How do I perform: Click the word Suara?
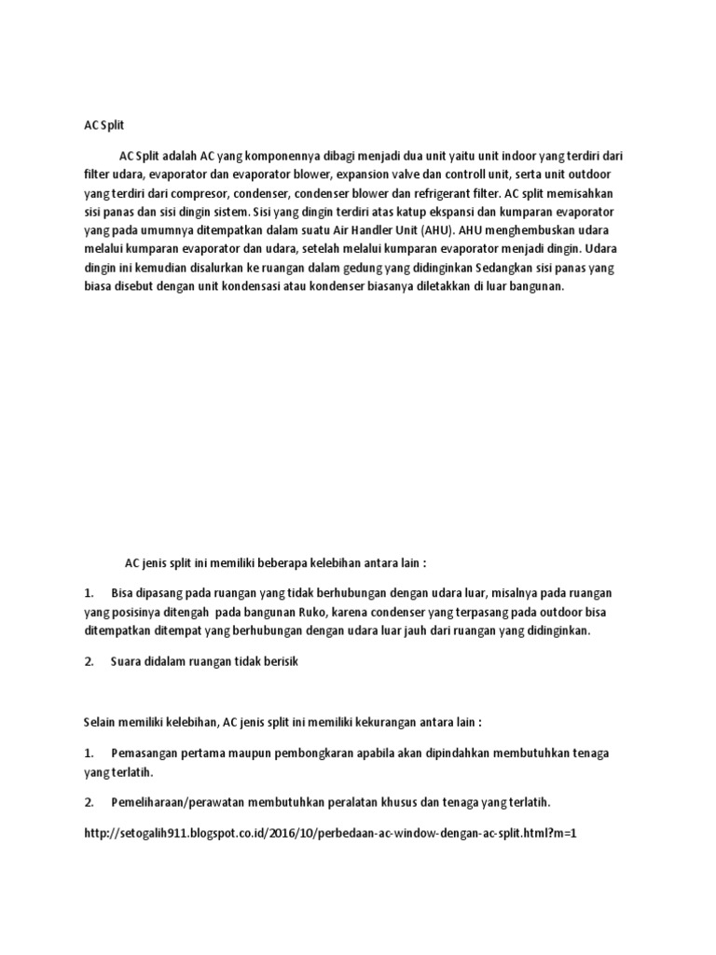click(x=127, y=661)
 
